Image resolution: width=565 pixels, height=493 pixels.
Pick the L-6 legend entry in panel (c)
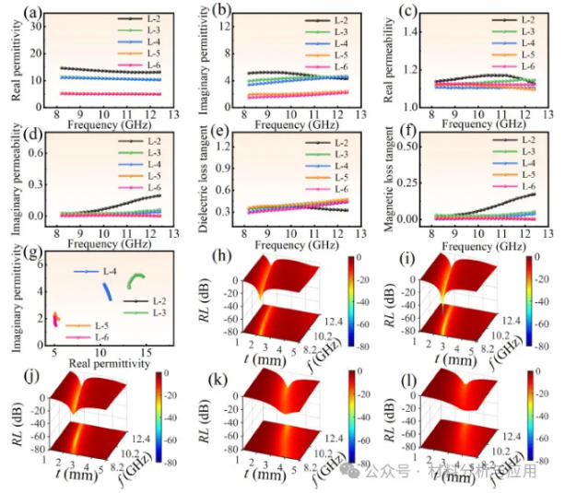click(528, 65)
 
